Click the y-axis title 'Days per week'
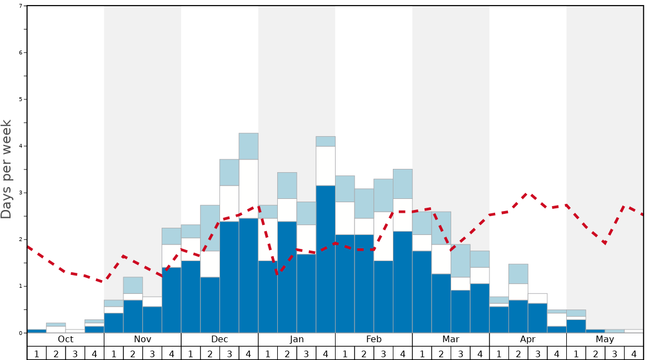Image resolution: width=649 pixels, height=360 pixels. [x=7, y=169]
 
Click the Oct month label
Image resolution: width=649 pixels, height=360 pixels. [x=66, y=339]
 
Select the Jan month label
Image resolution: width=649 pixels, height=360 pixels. [x=297, y=339]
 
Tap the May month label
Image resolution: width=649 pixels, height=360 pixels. [x=605, y=339]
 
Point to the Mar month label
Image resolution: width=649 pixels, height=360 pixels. [x=451, y=339]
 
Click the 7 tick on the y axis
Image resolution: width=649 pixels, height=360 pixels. [x=21, y=6]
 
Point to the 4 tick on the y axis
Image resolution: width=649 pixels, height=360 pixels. [x=21, y=146]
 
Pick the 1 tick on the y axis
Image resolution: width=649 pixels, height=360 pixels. [x=21, y=286]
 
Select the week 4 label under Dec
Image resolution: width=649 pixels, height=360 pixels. [x=248, y=353]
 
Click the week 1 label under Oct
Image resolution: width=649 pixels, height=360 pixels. [x=37, y=353]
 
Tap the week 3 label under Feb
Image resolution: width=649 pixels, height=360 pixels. [x=383, y=353]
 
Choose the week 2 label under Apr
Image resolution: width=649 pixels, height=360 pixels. [x=518, y=353]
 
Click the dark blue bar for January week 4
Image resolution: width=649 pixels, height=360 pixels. [x=326, y=259]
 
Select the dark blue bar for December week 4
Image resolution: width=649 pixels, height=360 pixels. [x=248, y=276]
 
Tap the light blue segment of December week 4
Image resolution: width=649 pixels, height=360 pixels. [x=248, y=146]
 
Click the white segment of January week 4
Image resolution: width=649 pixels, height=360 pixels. [x=326, y=166]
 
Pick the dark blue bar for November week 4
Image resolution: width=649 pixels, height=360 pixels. [x=171, y=300]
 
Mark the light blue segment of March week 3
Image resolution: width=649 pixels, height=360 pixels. [x=461, y=261]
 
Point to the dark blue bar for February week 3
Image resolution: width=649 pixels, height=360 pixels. [x=383, y=297]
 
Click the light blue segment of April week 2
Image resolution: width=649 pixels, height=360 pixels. [x=518, y=274]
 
